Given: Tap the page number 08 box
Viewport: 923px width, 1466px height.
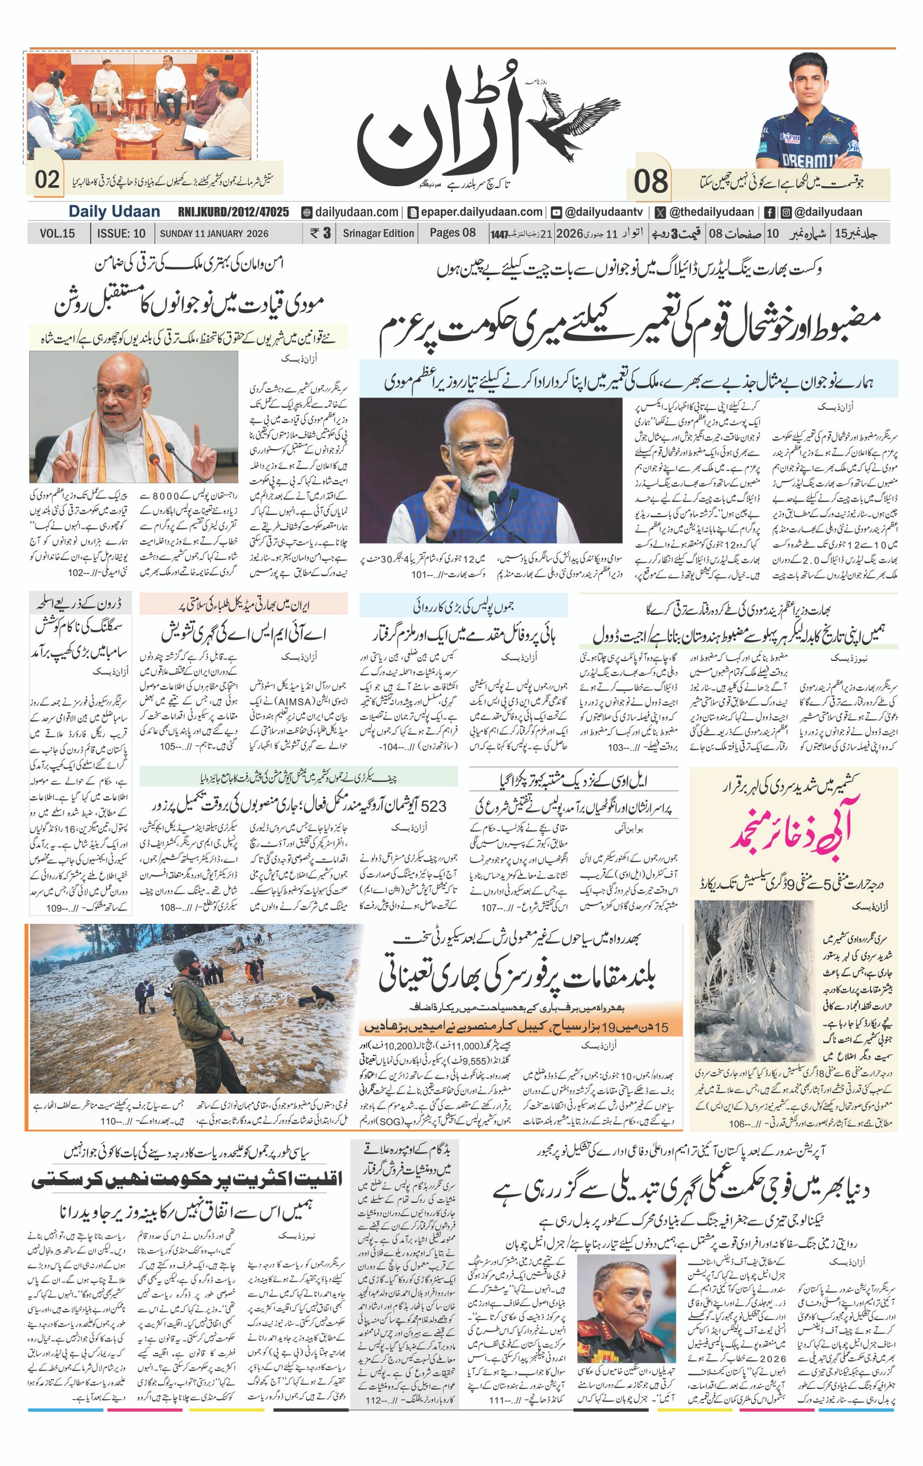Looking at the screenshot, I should tap(651, 182).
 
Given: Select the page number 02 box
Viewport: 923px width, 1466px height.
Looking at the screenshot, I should tap(47, 179).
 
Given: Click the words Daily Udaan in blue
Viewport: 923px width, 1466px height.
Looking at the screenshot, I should tap(114, 212).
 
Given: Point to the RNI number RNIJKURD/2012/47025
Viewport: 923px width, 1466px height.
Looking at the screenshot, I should tap(233, 212).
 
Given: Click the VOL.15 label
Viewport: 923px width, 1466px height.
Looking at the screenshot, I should tap(57, 233).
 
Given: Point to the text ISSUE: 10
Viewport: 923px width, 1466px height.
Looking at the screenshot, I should tap(121, 233).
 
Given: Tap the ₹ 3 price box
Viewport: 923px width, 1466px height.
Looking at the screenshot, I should tap(320, 232).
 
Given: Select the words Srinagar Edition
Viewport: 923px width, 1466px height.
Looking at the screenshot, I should tap(378, 233).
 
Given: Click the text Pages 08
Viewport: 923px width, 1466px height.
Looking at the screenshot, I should tap(452, 232).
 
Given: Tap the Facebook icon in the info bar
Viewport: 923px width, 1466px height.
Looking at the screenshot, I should tap(769, 212).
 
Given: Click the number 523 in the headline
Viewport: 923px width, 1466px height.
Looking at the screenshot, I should tap(433, 806).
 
